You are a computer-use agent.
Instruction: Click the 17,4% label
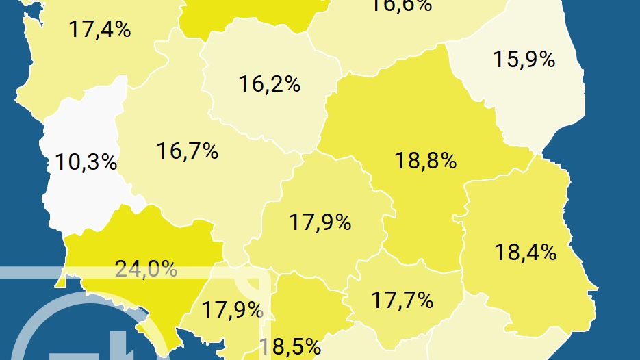100,29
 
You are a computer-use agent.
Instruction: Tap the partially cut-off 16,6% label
401,5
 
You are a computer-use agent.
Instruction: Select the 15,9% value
524,59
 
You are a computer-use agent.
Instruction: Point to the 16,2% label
269,84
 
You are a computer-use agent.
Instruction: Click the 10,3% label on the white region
86,163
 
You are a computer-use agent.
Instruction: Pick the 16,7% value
187,151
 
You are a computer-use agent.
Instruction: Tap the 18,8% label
425,161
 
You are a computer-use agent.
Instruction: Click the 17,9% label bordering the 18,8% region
320,222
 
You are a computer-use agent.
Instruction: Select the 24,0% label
146,268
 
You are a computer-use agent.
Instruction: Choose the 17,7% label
402,299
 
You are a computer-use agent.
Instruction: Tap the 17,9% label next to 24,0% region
232,309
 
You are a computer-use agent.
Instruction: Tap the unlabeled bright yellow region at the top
246,14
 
